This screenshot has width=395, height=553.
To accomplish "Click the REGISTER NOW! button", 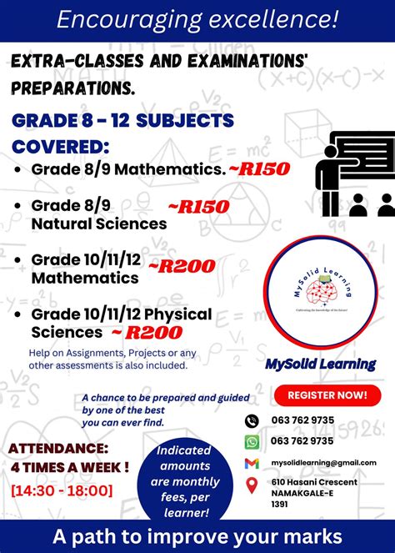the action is point(327,395).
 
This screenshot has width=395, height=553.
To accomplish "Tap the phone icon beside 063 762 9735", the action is point(252,420).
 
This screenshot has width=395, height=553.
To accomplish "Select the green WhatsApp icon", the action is point(252,441).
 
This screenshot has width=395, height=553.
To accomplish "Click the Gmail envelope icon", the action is point(252,463).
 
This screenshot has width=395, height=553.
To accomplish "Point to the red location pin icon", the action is point(252,485).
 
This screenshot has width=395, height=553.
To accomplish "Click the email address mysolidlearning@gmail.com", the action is point(324,463).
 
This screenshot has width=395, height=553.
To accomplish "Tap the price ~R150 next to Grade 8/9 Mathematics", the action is point(259,169).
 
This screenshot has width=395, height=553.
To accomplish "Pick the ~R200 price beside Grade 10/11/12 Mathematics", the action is point(182,267).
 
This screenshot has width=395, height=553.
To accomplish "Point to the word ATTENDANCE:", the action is point(59,449).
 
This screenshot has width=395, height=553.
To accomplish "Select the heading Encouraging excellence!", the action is point(197,19).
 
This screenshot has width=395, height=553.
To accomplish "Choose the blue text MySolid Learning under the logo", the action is point(320,364).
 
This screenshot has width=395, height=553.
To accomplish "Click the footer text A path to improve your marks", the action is point(197,535).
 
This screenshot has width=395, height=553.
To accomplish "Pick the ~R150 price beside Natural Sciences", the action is point(198,206).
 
